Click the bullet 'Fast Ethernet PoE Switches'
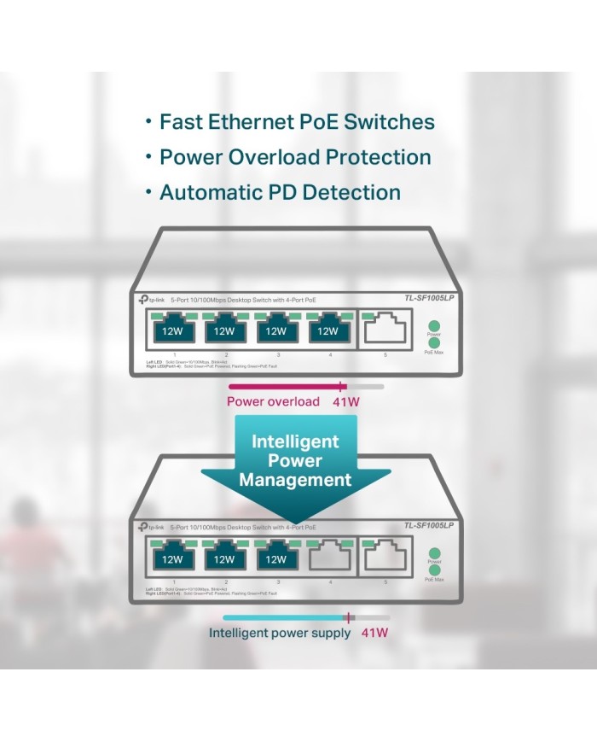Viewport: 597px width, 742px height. [297, 122]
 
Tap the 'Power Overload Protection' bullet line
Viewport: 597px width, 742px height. [295, 157]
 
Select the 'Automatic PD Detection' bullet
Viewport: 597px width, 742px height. [280, 192]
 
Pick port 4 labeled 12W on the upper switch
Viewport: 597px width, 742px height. [327, 330]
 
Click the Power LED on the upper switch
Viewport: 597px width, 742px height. [434, 325]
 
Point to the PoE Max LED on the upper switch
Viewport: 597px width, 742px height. [434, 342]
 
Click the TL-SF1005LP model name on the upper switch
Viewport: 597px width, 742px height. [428, 298]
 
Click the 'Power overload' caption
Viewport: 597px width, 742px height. [273, 401]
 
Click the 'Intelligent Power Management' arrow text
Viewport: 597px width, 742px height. [295, 461]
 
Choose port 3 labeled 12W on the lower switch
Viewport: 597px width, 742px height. [275, 559]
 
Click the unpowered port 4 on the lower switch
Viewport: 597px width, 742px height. [327, 559]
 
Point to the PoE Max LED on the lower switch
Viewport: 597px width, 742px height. [434, 570]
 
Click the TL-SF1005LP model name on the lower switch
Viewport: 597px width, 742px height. [428, 526]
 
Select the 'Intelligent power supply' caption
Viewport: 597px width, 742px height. [280, 634]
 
